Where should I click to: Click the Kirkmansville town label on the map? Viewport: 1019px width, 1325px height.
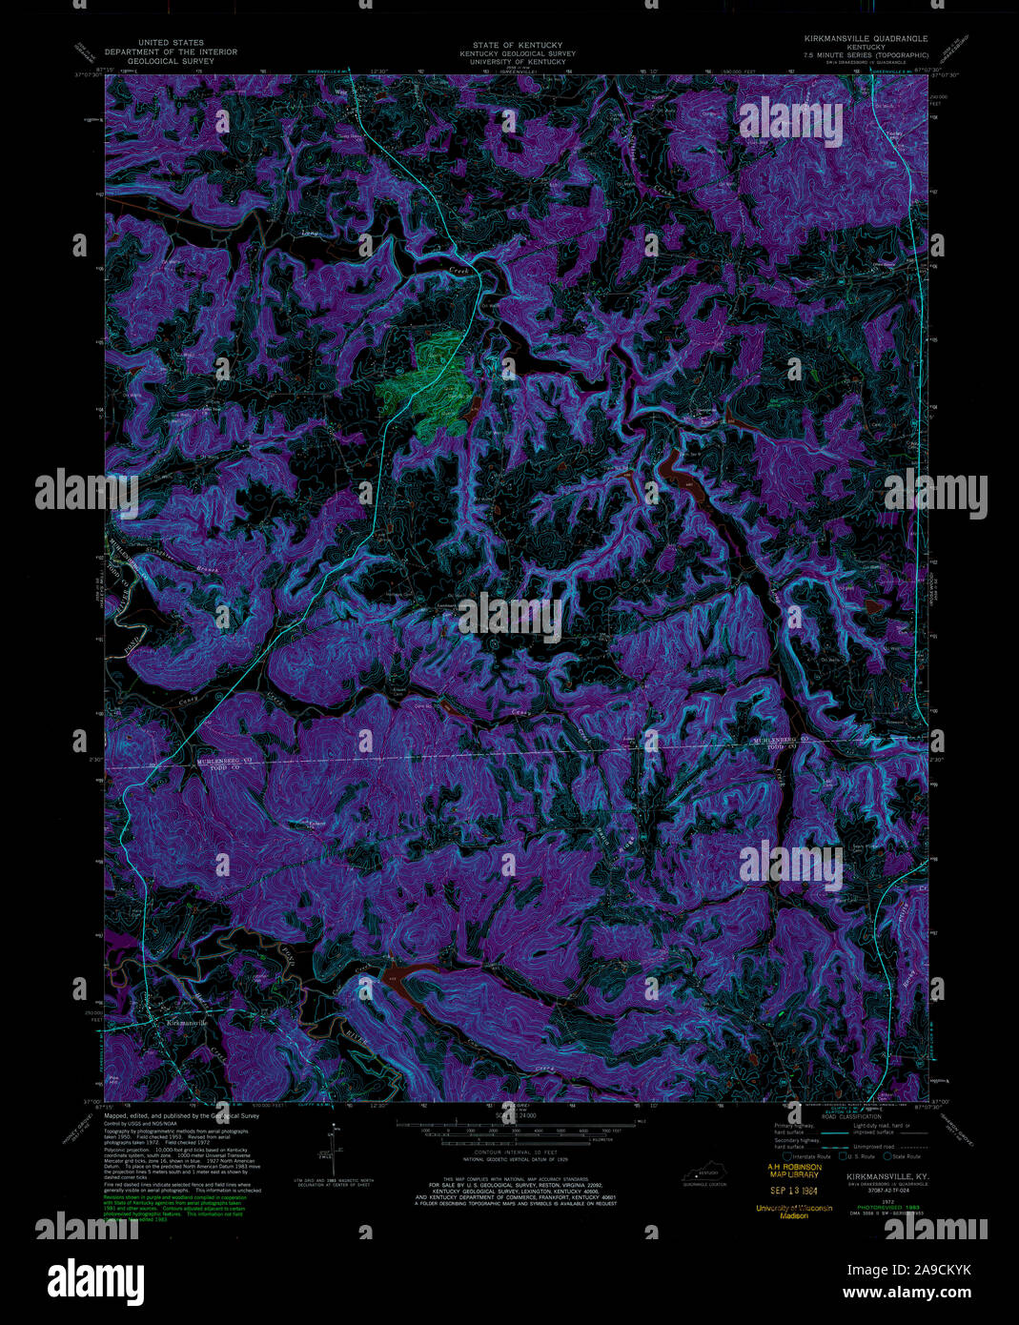(186, 1023)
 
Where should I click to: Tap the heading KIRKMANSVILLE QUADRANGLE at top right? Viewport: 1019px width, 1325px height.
(866, 38)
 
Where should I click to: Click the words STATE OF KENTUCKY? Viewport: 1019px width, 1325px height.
(518, 45)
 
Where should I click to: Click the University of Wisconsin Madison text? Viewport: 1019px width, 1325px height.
(794, 1212)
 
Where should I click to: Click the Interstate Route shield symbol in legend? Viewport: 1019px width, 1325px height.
(787, 1156)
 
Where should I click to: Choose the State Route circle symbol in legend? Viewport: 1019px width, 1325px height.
(887, 1156)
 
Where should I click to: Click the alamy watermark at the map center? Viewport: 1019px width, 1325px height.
(510, 613)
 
